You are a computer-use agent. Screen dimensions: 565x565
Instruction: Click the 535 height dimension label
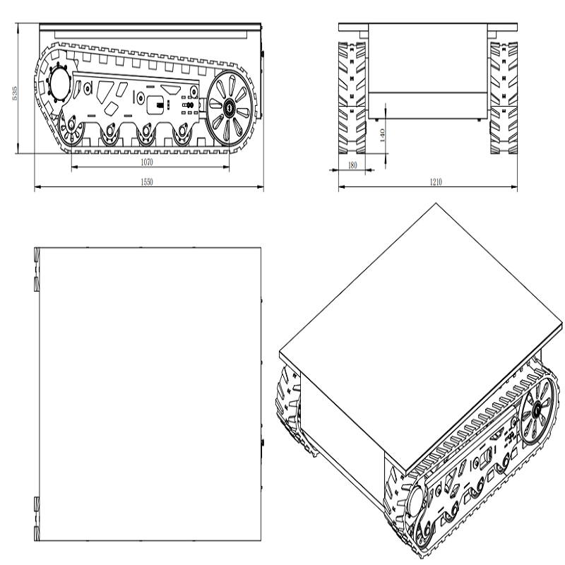pos(15,93)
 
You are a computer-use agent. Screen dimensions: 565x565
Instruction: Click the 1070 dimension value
pos(147,162)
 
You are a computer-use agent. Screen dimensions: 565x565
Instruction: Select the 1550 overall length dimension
pos(147,182)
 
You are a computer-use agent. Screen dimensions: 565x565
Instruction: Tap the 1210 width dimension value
pos(436,182)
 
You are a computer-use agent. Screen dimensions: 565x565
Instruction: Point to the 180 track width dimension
pos(352,165)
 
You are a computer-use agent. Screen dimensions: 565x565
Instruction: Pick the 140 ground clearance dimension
pos(382,135)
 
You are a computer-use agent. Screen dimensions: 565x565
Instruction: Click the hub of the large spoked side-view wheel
pos(229,107)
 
